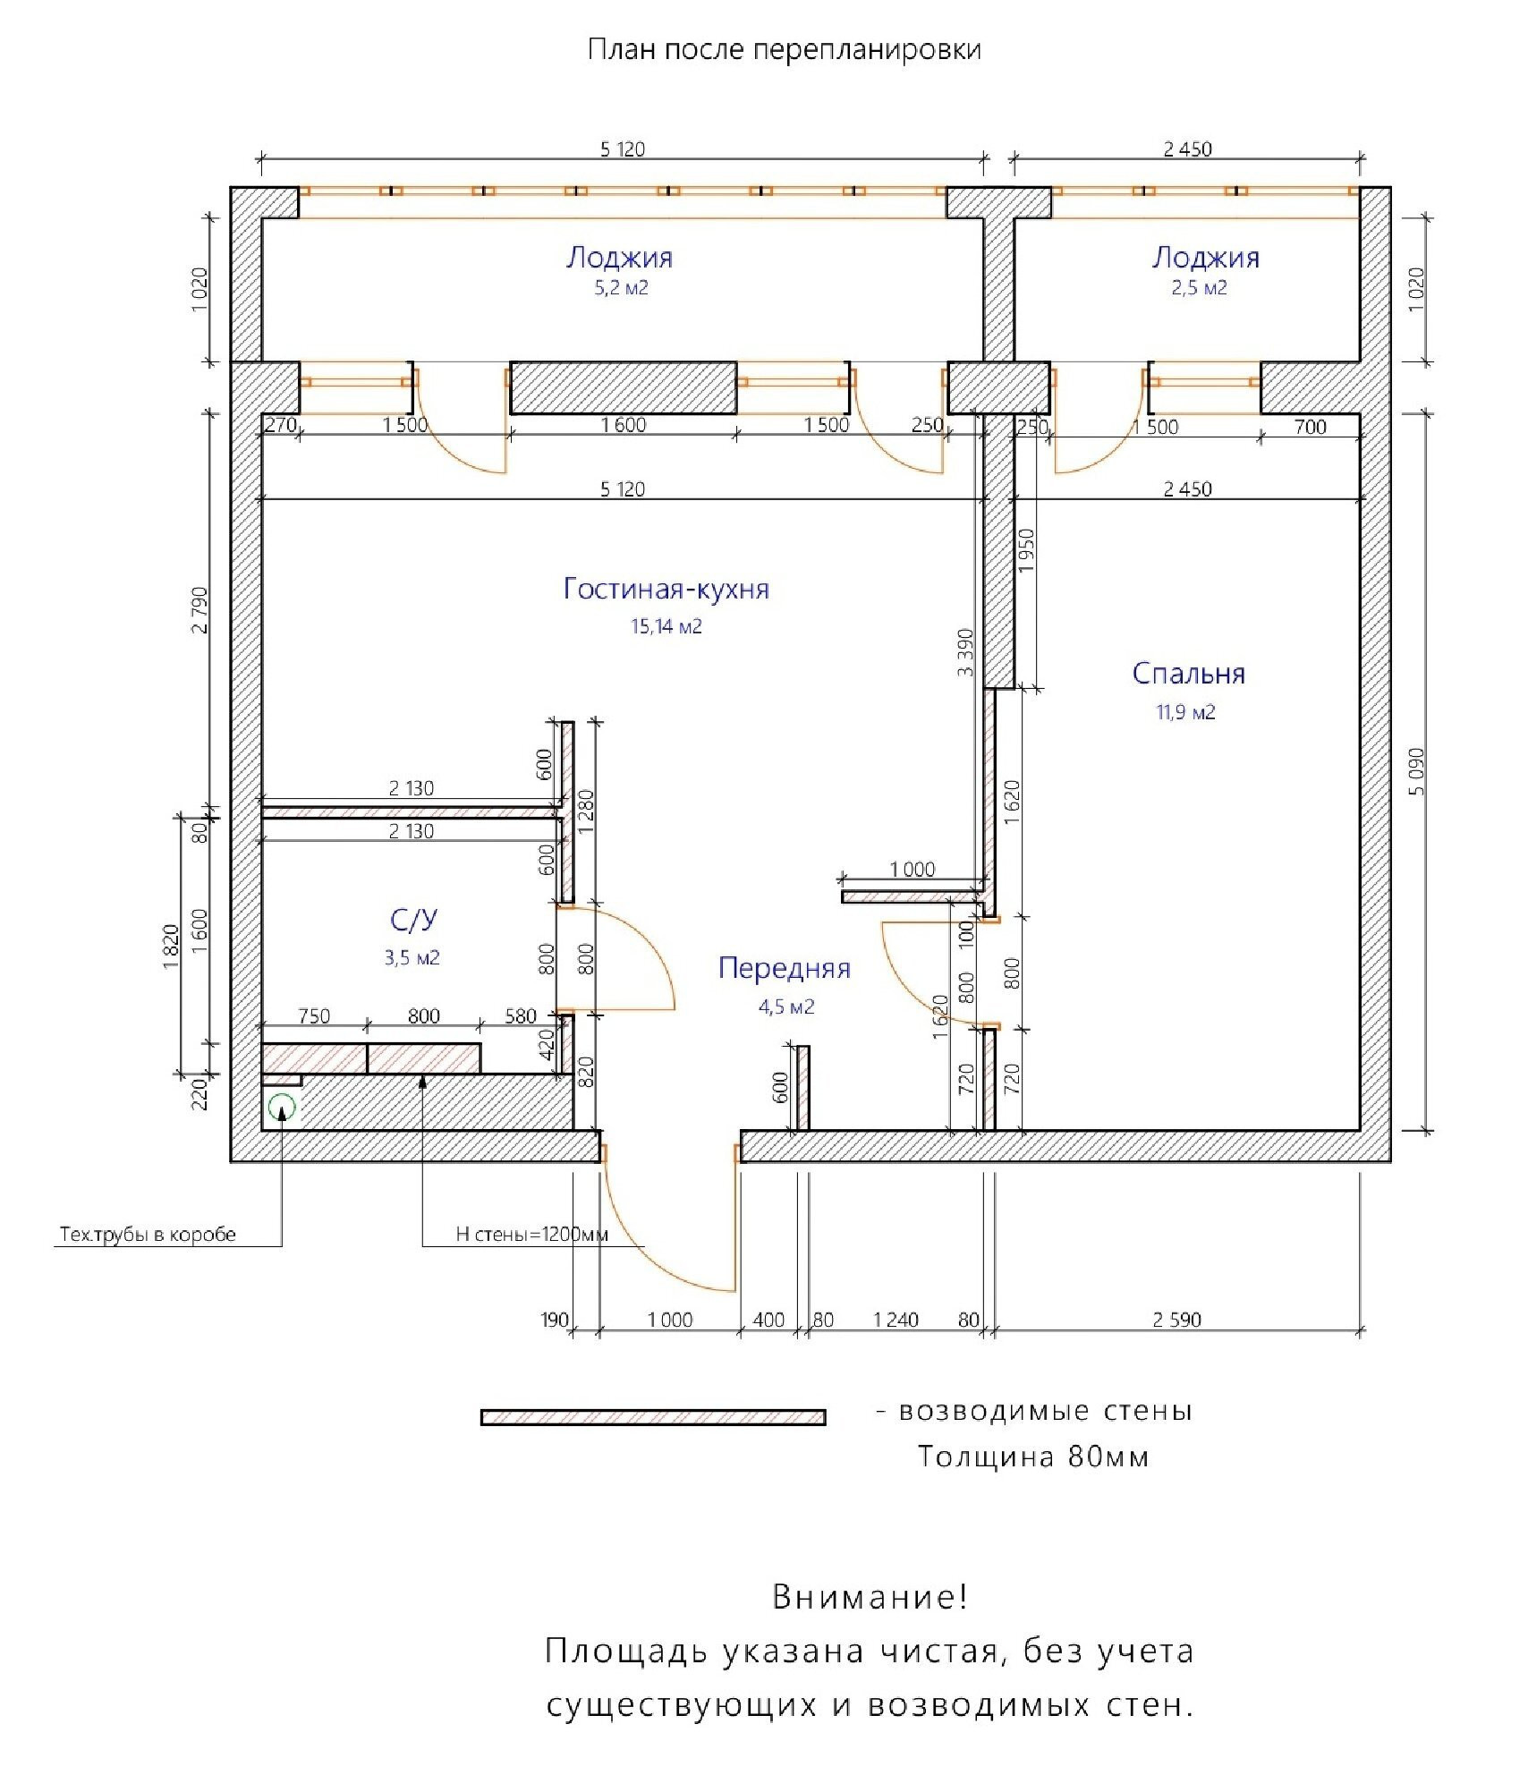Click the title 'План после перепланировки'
coord(784,49)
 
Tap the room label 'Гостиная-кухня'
coord(666,589)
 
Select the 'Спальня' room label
coord(1188,673)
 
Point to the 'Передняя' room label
coord(784,968)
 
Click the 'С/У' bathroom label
coord(413,920)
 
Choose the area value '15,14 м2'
coord(666,626)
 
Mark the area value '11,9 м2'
coord(1185,712)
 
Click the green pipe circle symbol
coord(282,1107)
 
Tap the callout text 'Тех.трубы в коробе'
coord(148,1235)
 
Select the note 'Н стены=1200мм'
coord(531,1235)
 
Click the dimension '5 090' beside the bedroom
coord(1415,771)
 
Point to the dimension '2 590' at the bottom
coord(1176,1320)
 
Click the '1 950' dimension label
coord(1026,551)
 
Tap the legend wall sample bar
coord(653,1417)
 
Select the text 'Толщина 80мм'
coord(1033,1457)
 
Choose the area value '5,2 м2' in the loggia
coord(621,288)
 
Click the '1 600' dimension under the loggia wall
coord(624,425)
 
